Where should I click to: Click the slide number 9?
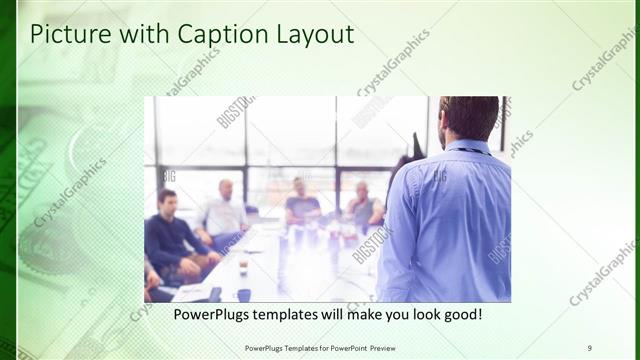tap(589, 347)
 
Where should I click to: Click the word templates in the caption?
tap(291, 314)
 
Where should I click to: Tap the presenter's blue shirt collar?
tap(468, 147)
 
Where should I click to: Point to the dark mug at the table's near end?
tap(244, 295)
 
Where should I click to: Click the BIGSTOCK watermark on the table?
tap(372, 244)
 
